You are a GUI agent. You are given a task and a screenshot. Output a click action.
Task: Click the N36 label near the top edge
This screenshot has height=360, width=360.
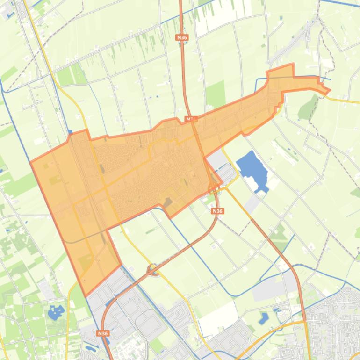(x=182, y=37)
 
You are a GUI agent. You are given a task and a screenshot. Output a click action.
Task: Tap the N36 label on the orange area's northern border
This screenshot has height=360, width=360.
(x=190, y=119)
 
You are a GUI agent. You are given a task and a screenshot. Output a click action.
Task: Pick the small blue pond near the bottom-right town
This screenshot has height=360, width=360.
(x=264, y=318)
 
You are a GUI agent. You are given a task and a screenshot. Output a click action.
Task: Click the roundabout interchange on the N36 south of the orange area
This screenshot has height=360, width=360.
(x=152, y=269)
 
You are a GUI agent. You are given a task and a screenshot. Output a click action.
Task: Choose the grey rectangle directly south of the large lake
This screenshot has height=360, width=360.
(x=252, y=203)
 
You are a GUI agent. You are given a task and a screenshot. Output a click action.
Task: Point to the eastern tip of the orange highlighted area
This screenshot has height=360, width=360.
(x=330, y=90)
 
